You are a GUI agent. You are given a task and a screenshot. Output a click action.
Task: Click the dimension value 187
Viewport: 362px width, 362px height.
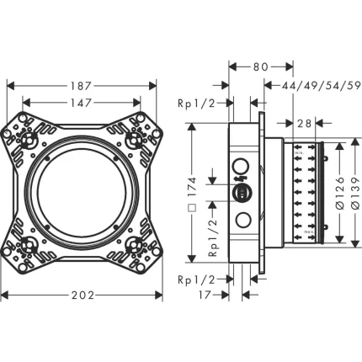pos(81,86)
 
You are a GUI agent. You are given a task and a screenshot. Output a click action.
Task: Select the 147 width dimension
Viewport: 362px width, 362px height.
pos(81,104)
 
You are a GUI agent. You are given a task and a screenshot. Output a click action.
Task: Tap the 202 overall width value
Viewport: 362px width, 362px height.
pos(81,295)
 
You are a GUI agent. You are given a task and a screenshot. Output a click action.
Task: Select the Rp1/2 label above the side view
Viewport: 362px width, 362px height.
pos(193,104)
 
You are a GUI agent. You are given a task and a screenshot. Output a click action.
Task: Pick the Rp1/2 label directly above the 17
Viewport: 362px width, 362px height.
pos(193,279)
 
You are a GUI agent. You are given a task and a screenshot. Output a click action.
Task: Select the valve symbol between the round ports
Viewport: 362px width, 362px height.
pos(242,194)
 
